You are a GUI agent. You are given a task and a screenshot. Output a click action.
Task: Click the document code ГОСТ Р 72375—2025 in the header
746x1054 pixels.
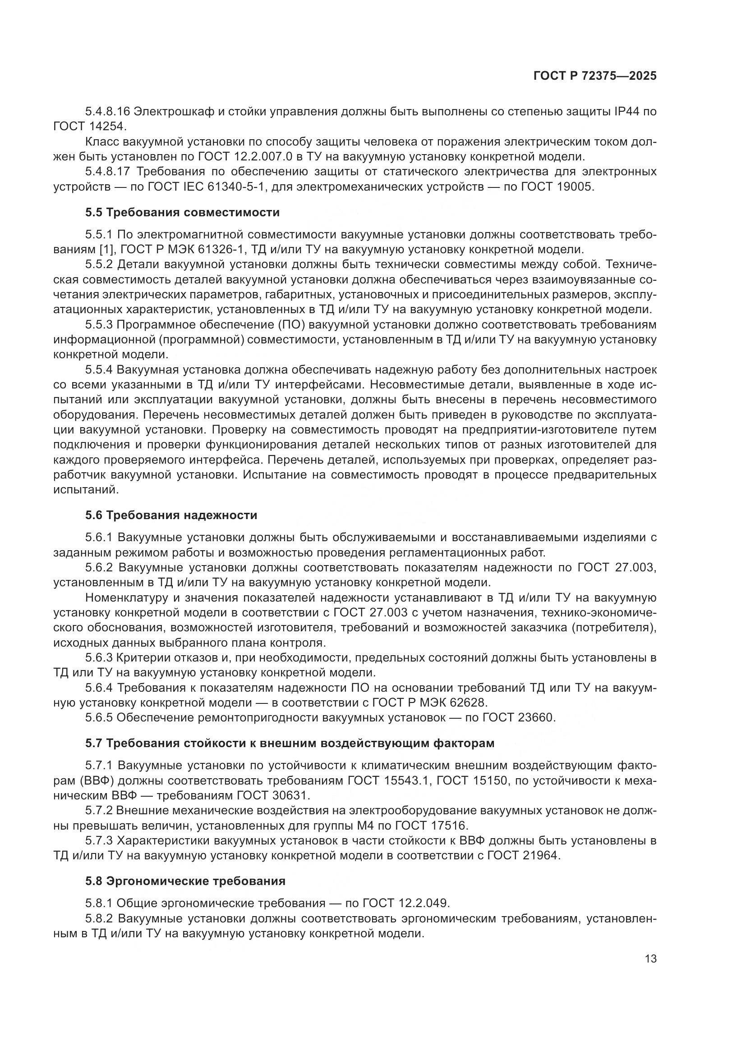click(595, 76)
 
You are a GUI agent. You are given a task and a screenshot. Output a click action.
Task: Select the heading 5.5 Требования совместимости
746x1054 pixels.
click(182, 213)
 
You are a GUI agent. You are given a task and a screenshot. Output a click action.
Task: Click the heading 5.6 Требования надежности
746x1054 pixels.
click(171, 515)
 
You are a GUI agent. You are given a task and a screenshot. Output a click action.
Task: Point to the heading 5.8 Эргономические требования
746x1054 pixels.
click(185, 881)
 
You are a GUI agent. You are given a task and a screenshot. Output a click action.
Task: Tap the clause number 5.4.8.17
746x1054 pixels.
click(108, 172)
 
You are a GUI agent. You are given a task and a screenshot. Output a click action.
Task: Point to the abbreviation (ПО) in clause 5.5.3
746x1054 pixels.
click(291, 325)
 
